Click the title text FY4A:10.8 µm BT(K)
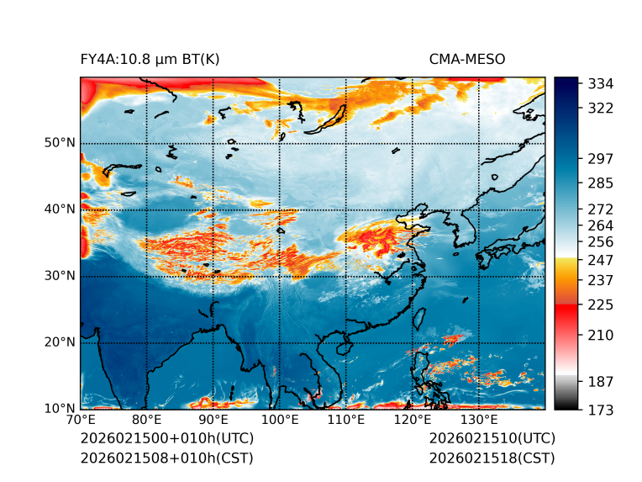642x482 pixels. tap(150, 59)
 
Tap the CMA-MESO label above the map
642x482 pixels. tap(467, 59)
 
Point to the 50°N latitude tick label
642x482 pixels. tap(60, 143)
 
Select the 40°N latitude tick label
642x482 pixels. tap(60, 209)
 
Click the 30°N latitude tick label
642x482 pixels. tap(60, 276)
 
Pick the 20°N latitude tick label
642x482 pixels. tap(60, 342)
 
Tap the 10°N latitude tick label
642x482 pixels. tap(60, 409)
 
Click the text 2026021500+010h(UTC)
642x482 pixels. tap(166, 439)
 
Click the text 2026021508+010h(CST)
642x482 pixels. tap(166, 458)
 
